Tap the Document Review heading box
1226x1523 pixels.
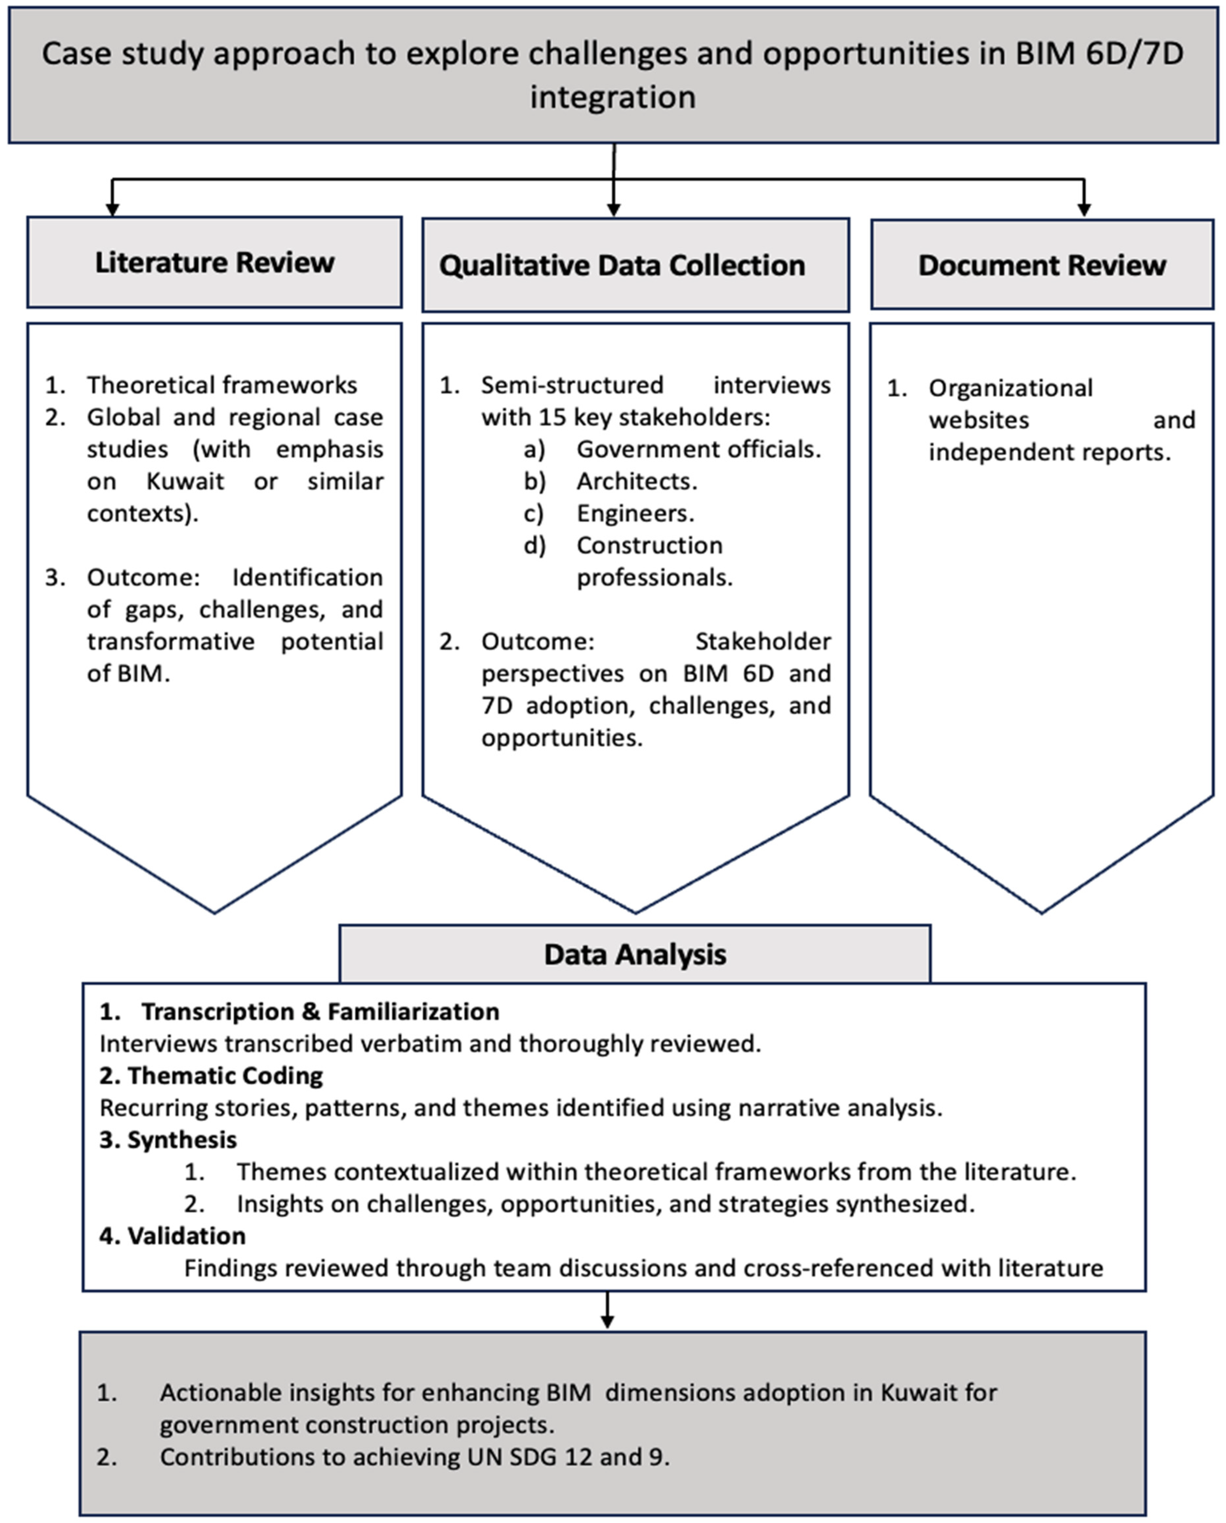[x=1042, y=265]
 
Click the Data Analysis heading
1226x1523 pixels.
[x=635, y=955]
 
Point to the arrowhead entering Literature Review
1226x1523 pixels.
[x=112, y=209]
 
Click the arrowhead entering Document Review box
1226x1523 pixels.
[x=1084, y=210]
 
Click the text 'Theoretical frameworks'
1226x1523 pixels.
[x=222, y=385]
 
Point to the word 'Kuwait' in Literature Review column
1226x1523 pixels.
[x=185, y=481]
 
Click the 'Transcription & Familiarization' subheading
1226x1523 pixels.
[x=320, y=1012]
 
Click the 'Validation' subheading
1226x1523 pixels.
[x=186, y=1235]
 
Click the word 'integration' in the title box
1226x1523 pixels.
[x=613, y=97]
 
